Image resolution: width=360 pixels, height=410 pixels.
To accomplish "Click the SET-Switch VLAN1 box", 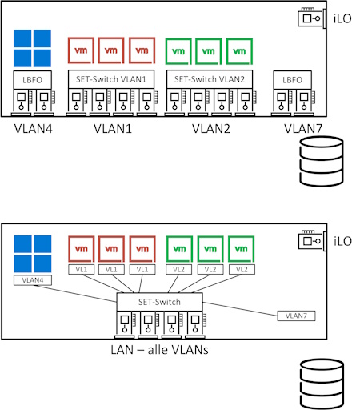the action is pos(111,79).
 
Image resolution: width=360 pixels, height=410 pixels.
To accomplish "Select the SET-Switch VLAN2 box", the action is pos(210,79).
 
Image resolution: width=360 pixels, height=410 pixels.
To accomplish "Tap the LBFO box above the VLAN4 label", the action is pos(33,80).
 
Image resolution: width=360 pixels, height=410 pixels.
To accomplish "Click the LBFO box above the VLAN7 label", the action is pos(292,80).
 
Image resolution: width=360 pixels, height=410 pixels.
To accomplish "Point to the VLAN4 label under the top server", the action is pos(34,129).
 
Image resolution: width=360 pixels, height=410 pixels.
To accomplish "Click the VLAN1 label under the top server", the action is pos(113,129).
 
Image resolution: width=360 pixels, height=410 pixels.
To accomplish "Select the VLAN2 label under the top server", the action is pos(211,129).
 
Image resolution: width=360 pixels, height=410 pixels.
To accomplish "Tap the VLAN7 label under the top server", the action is pos(303,129).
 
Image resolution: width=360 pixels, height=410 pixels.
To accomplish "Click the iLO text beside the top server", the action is pos(342,18).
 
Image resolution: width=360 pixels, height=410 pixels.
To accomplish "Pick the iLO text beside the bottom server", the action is pos(342,241).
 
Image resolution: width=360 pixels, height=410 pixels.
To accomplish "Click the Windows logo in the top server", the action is pos(32,48).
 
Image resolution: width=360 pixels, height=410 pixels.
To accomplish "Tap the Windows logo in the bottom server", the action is pos(33,254).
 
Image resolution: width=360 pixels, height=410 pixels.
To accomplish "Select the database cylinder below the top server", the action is pos(322,161).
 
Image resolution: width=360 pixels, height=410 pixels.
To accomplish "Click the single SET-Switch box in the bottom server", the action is pos(159,302).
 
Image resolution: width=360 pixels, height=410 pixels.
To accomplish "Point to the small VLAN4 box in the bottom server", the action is pos(33,280).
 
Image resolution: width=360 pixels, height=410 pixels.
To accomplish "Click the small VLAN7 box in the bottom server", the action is pos(296,316).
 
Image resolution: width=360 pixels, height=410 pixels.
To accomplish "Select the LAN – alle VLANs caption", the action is pos(159,350).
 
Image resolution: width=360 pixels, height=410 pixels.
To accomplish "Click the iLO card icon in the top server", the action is pos(312,18).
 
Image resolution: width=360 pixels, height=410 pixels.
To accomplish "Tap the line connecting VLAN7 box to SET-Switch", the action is pos(240,309).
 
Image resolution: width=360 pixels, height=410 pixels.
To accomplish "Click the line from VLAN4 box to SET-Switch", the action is pos(75,294).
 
